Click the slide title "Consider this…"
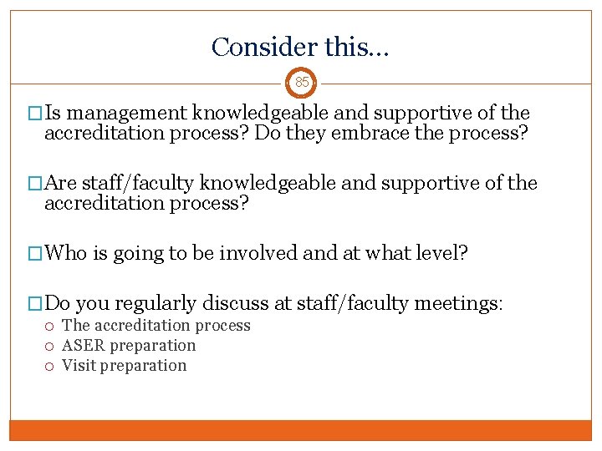point(300,47)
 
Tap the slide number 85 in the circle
point(301,83)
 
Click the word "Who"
point(66,253)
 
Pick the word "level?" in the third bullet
point(441,253)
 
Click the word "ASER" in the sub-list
point(82,345)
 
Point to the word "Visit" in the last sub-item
point(79,365)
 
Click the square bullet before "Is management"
point(34,114)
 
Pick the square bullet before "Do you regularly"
point(34,304)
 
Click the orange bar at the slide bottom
point(300,430)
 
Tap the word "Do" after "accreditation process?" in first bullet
point(269,133)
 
